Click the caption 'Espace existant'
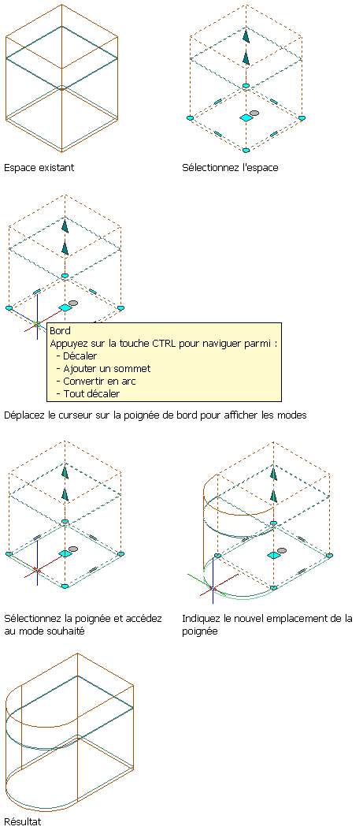click(x=39, y=168)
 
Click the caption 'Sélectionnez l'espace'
click(x=230, y=168)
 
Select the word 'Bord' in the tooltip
click(x=60, y=331)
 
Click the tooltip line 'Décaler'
click(x=80, y=356)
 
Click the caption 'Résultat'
click(x=22, y=821)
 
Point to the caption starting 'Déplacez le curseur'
click(x=155, y=415)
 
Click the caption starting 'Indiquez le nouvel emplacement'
click(x=268, y=625)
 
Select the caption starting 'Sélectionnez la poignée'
click(x=83, y=625)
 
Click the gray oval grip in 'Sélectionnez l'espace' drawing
click(x=254, y=114)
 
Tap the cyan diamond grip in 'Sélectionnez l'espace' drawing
click(x=246, y=117)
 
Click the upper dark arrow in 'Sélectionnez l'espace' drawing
click(x=246, y=36)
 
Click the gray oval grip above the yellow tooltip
click(x=73, y=303)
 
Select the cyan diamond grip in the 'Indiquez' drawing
click(x=274, y=555)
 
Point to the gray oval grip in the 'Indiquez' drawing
click(x=282, y=550)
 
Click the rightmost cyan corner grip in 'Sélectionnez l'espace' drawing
click(x=302, y=117)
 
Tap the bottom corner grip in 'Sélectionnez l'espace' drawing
click(x=246, y=150)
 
